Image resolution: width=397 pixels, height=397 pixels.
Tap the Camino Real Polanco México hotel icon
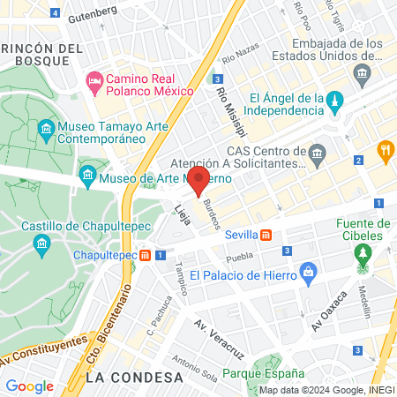tap(94, 84)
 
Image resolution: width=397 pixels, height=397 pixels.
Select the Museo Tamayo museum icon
tap(45, 132)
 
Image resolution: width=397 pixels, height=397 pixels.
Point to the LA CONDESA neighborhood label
tap(135, 377)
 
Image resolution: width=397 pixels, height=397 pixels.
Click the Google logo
tap(29, 386)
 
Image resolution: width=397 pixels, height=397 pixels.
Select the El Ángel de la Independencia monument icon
tap(335, 105)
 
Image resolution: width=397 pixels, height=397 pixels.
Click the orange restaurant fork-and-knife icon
tap(385, 150)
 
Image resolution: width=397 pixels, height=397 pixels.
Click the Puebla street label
tap(239, 258)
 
